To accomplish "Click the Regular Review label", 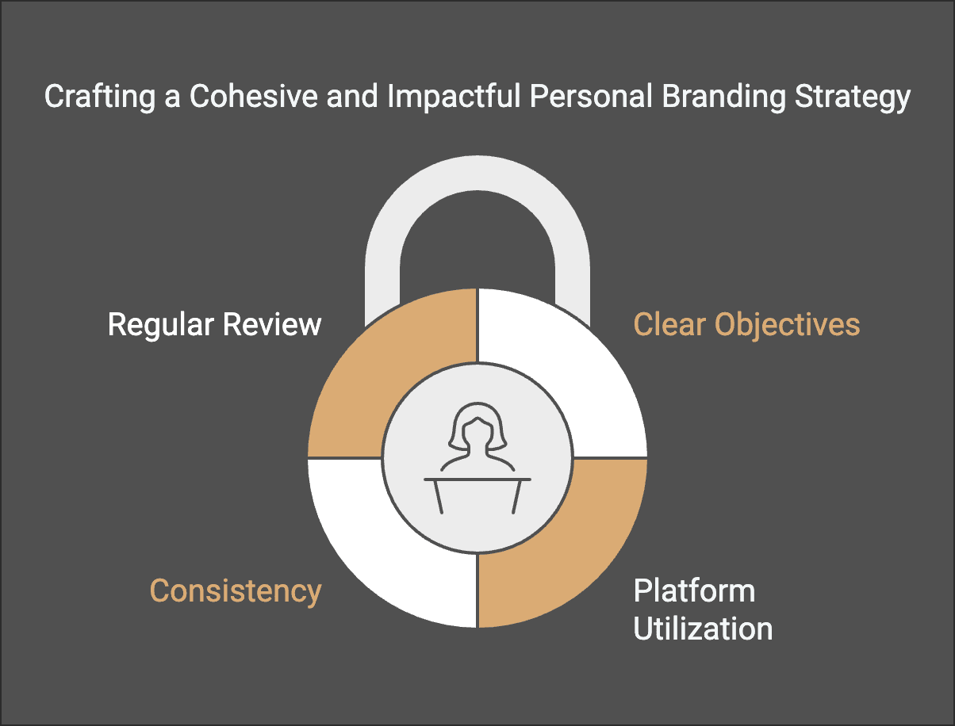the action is pyautogui.click(x=214, y=325).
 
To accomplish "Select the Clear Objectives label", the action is pyautogui.click(x=746, y=325).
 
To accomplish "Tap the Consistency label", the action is pyautogui.click(x=236, y=591).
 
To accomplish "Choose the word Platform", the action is pyautogui.click(x=694, y=591).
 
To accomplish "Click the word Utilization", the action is pyautogui.click(x=703, y=629).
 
